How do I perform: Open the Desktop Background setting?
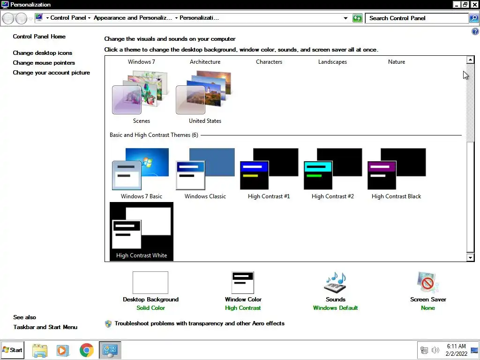coord(150,283)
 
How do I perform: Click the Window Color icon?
coord(243,283)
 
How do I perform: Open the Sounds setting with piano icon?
coord(335,283)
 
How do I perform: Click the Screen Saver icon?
coord(428,283)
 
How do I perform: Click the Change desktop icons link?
coord(43,53)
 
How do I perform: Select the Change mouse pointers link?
coord(44,63)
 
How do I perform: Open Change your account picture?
coord(52,73)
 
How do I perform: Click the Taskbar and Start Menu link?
coord(45,327)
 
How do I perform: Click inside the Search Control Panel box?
coord(416,18)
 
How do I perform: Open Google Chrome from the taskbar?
coord(86,350)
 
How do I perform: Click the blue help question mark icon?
coord(475,32)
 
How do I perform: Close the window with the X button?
coord(475,5)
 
